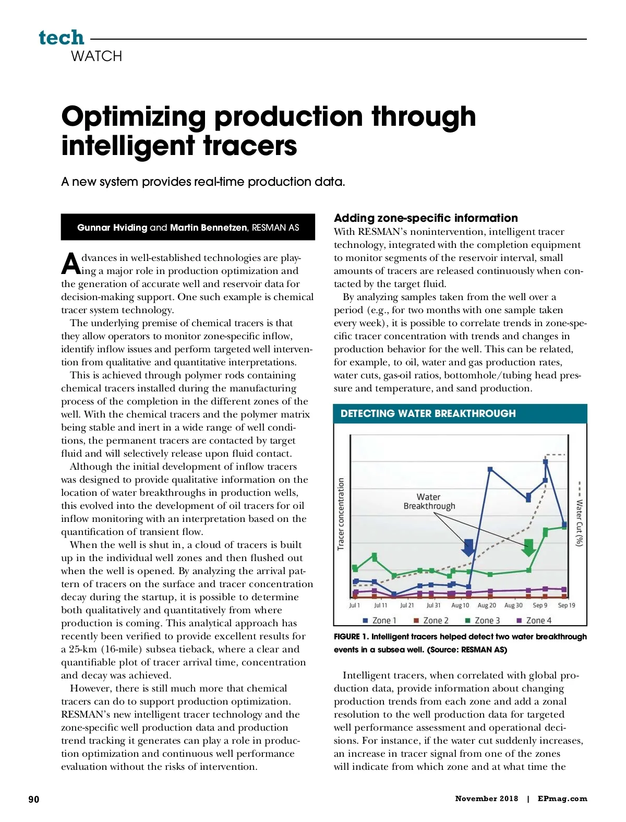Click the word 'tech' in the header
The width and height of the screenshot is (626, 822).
61,38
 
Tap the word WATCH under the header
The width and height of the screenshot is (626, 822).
97,56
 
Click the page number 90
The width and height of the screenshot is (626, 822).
33,799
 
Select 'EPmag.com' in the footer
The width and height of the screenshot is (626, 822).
562,799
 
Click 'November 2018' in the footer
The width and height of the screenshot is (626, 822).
486,799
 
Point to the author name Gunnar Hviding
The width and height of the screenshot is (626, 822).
112,228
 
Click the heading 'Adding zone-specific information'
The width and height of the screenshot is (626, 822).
426,218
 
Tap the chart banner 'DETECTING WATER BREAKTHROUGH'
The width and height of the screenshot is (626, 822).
428,413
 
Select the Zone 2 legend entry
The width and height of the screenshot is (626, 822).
431,621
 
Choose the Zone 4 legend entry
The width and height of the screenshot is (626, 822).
534,621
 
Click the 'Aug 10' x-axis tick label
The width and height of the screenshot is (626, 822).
460,605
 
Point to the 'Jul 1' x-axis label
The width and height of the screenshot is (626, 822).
355,605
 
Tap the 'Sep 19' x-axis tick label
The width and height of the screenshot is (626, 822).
567,605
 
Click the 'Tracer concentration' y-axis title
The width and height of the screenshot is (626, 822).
341,514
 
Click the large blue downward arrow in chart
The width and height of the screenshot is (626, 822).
468,547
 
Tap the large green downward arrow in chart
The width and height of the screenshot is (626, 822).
528,547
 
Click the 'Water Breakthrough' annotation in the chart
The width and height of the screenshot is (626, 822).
429,502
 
